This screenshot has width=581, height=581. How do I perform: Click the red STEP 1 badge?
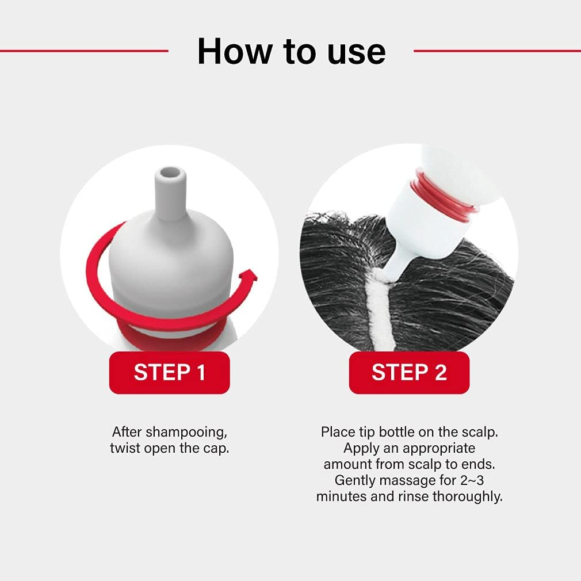pos(169,372)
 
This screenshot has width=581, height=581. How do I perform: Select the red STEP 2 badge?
pos(409,372)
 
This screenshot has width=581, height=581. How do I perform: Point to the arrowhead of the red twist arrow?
pos(249,277)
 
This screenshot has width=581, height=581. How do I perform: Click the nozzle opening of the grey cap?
pos(170,173)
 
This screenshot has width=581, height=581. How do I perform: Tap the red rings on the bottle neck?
pos(443,196)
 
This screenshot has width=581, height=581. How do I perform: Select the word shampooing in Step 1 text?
pos(185,433)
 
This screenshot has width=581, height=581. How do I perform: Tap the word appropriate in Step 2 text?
pos(439,449)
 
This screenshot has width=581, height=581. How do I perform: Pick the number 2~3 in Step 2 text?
pos(472,480)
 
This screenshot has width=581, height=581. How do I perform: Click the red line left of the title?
pos(84,51)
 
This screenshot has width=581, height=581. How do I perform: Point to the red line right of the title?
pos(497,51)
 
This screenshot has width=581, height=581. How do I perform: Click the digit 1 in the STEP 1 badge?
pos(201,372)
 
